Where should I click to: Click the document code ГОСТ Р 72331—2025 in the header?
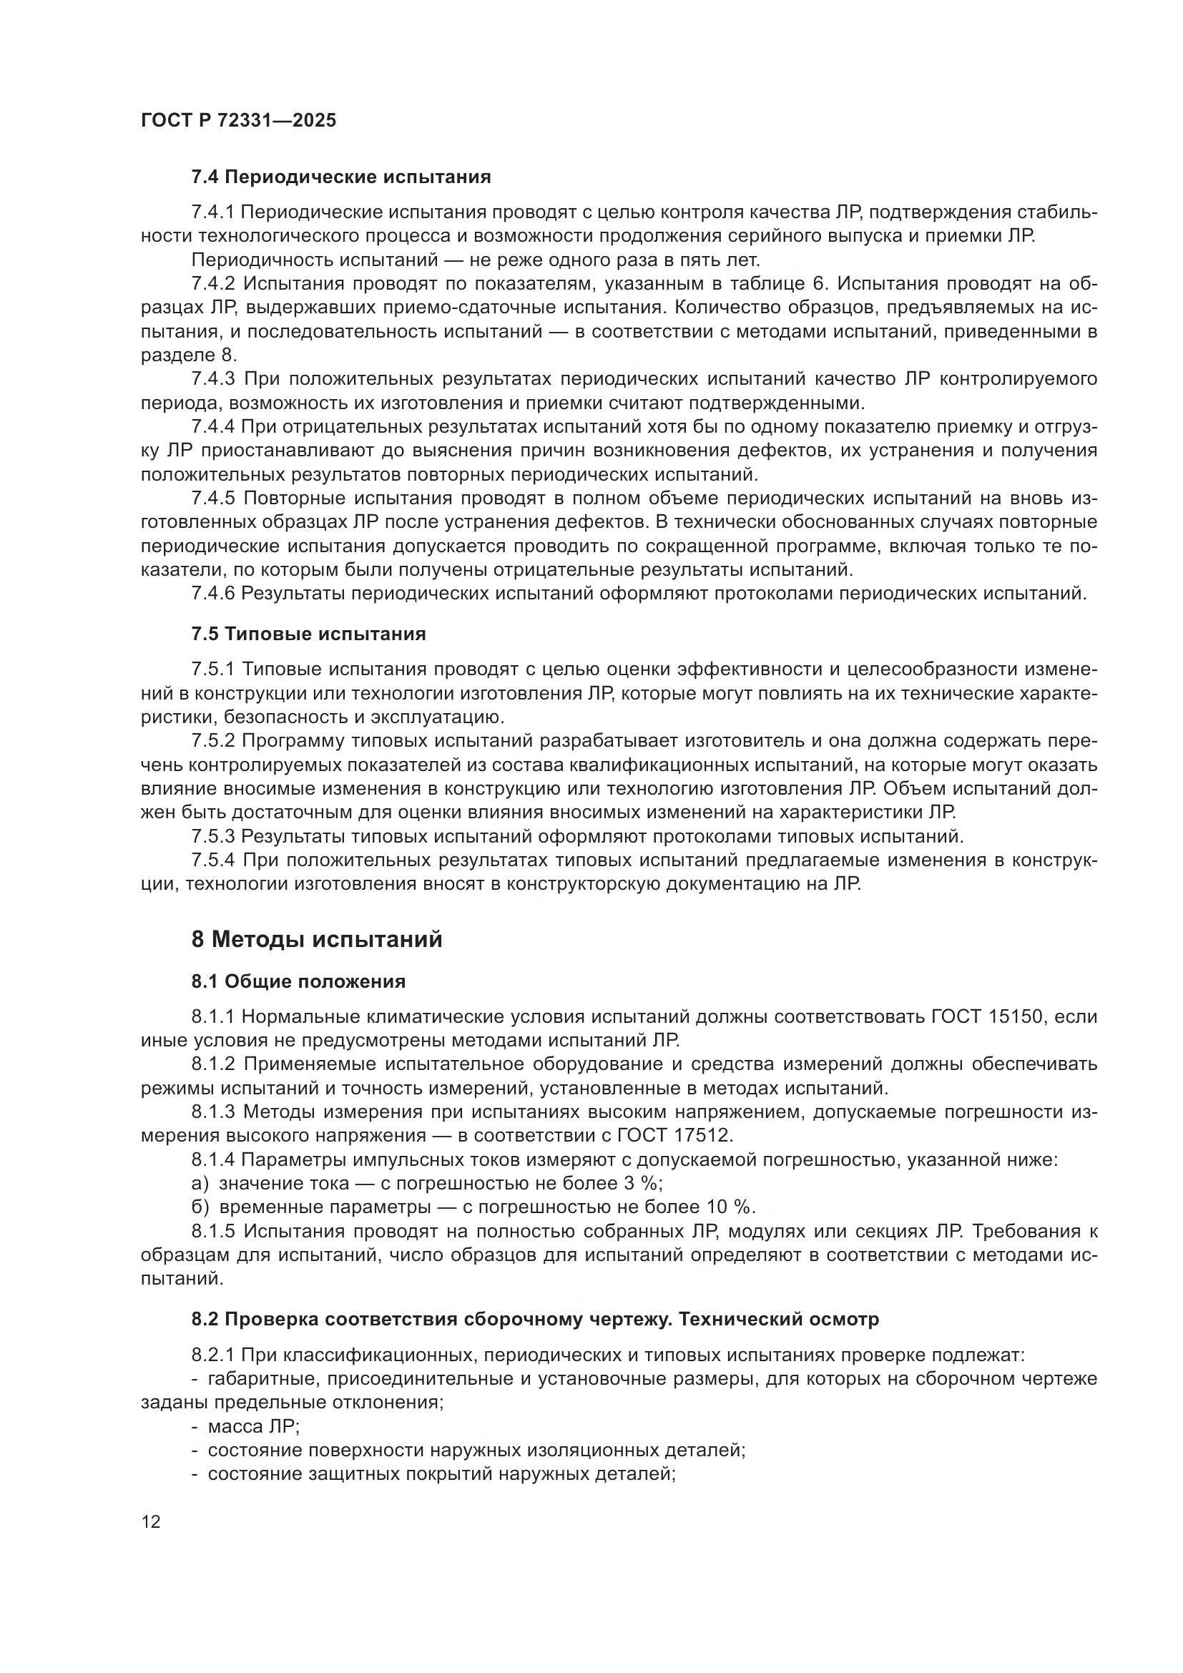[238, 121]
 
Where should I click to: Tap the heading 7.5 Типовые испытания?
[308, 634]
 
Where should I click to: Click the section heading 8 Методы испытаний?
[316, 939]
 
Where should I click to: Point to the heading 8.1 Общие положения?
[298, 981]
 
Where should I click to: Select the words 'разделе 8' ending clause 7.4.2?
[188, 355]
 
